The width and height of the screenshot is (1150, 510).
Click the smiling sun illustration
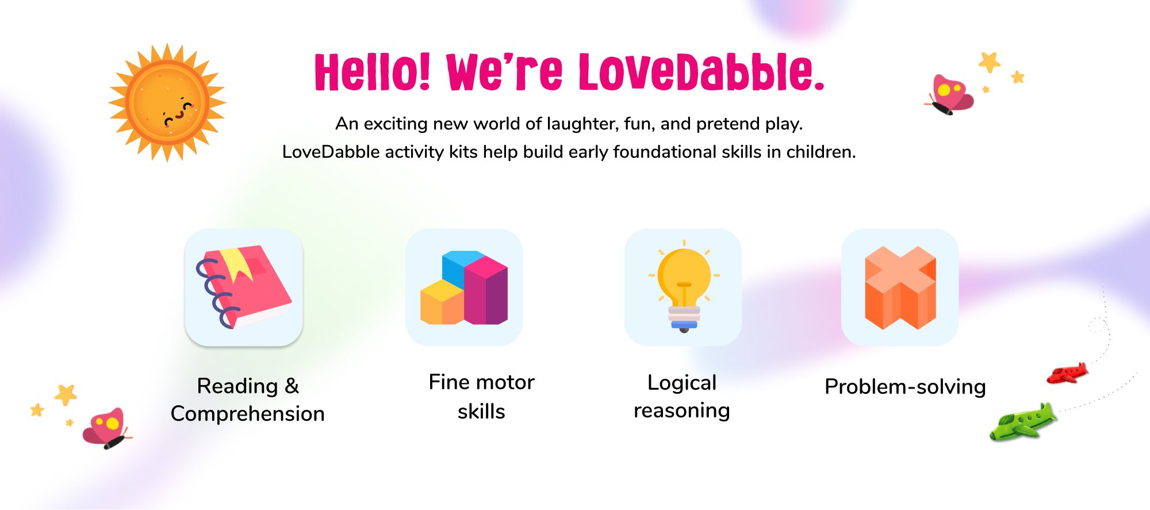pyautogui.click(x=167, y=102)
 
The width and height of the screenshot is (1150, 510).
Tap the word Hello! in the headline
pyautogui.click(x=373, y=72)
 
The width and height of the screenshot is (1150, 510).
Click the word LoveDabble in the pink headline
pyautogui.click(x=702, y=72)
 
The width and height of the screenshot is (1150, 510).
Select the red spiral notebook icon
pyautogui.click(x=244, y=287)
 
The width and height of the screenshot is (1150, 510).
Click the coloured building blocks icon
pyautogui.click(x=464, y=287)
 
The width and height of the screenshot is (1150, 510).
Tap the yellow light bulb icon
pyautogui.click(x=684, y=286)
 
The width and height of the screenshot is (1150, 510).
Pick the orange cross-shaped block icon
pyautogui.click(x=900, y=287)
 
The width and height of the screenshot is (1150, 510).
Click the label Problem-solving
pyautogui.click(x=905, y=387)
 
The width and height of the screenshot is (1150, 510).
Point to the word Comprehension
pyautogui.click(x=248, y=414)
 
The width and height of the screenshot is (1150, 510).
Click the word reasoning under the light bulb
pyautogui.click(x=682, y=411)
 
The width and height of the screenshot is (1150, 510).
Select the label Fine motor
pyautogui.click(x=482, y=382)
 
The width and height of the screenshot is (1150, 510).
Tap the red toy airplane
pyautogui.click(x=1067, y=373)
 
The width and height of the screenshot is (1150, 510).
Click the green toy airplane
pyautogui.click(x=1023, y=422)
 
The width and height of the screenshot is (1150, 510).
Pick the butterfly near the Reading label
pyautogui.click(x=108, y=428)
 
